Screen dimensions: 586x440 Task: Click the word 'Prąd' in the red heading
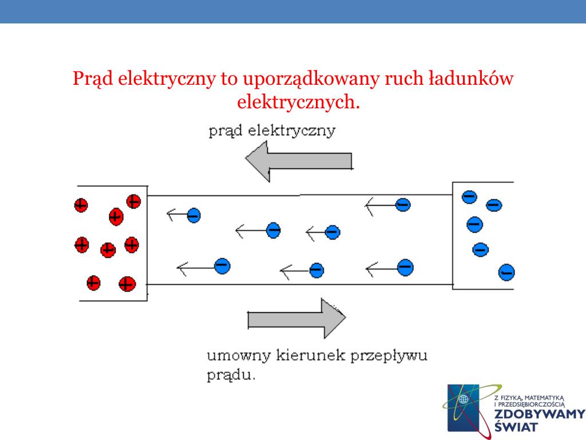[93, 79]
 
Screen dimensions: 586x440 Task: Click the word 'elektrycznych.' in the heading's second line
[298, 102]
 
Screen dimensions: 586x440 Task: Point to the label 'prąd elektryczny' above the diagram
[272, 131]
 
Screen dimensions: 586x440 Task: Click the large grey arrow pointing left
[299, 161]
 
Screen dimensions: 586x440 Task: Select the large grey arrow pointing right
[297, 319]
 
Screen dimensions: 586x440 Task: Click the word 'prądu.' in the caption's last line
[231, 375]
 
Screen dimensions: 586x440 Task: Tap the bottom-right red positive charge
[127, 284]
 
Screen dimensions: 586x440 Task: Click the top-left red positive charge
[81, 205]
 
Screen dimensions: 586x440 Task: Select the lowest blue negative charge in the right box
[506, 272]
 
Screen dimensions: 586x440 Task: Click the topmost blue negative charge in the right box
[469, 197]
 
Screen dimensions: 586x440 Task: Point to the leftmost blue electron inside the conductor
[193, 215]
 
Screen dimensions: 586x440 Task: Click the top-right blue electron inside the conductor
[403, 205]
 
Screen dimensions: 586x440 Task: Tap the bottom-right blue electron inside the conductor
[405, 268]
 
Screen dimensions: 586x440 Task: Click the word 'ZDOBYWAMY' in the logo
[540, 414]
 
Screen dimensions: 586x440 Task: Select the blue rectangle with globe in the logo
[464, 408]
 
